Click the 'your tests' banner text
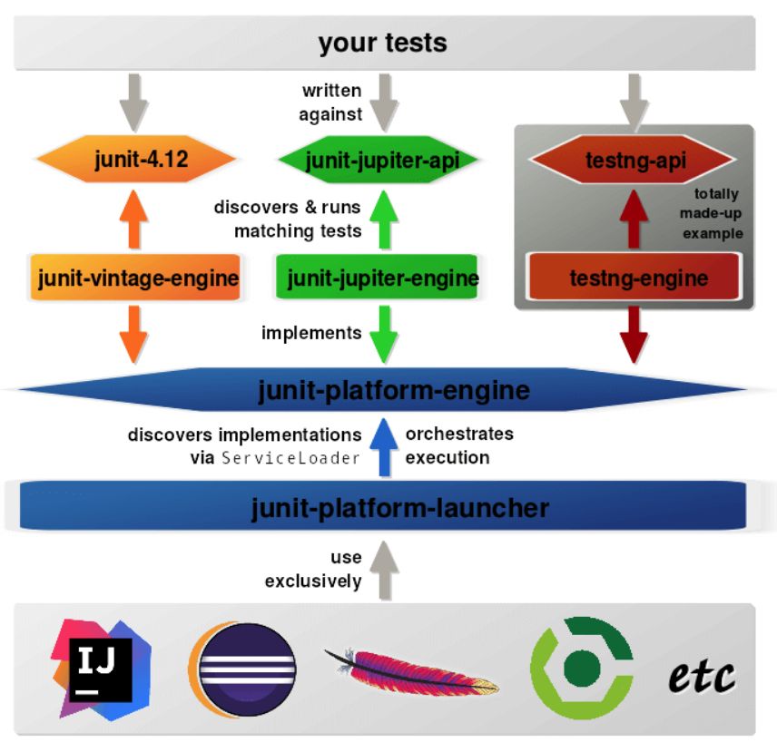[x=382, y=43]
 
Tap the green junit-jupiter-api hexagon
[x=381, y=161]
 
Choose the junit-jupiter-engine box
[x=382, y=278]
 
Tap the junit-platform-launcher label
[x=399, y=507]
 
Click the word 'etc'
[x=702, y=676]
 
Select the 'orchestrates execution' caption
[x=458, y=445]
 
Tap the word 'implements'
[x=311, y=333]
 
